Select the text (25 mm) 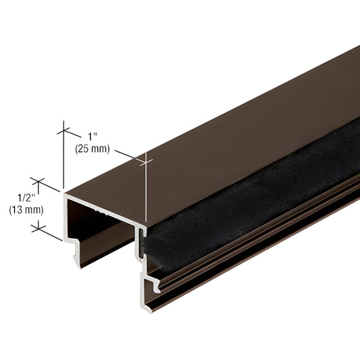point(91,149)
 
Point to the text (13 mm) point(26,209)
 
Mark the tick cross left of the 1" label point(65,126)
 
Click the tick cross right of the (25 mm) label point(145,160)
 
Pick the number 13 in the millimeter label point(18,209)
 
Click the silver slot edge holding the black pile point(144,243)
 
